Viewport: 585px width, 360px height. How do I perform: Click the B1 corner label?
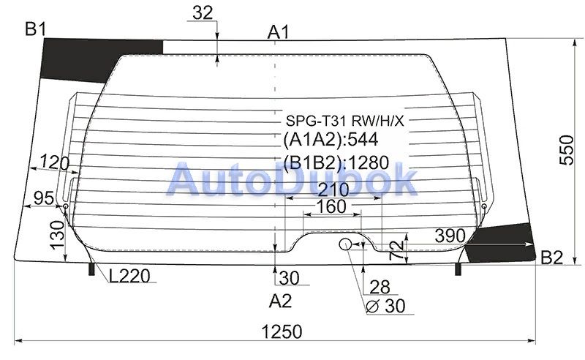(35, 29)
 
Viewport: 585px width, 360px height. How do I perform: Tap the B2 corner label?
(551, 258)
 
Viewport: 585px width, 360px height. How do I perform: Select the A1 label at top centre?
(279, 32)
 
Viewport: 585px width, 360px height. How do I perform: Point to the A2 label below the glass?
(280, 301)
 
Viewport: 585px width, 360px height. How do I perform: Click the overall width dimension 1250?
(282, 331)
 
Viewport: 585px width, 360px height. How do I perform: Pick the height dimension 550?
(566, 150)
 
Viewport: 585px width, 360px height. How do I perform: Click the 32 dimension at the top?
(203, 13)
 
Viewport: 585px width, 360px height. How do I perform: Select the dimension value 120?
(54, 162)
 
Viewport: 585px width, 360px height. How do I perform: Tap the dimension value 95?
(44, 198)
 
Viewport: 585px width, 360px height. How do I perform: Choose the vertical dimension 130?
(58, 235)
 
